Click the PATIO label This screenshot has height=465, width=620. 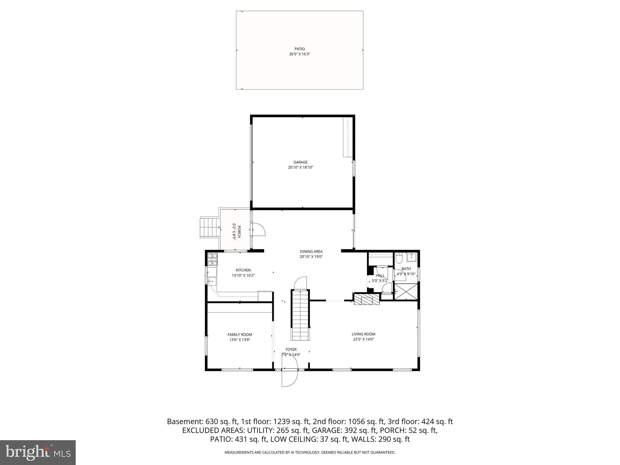tap(299, 49)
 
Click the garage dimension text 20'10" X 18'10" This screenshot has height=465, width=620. tap(300, 167)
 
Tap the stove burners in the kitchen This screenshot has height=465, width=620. tap(212, 259)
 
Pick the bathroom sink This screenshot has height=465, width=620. tap(411, 258)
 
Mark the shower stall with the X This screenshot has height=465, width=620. tap(406, 291)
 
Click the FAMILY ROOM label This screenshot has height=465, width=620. tap(239, 335)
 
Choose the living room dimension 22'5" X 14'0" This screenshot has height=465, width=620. tap(363, 339)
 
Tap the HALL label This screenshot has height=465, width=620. tap(380, 275)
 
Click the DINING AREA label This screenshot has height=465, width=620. tap(311, 251)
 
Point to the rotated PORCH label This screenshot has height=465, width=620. tap(239, 232)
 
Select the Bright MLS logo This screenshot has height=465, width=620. tap(38, 452)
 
